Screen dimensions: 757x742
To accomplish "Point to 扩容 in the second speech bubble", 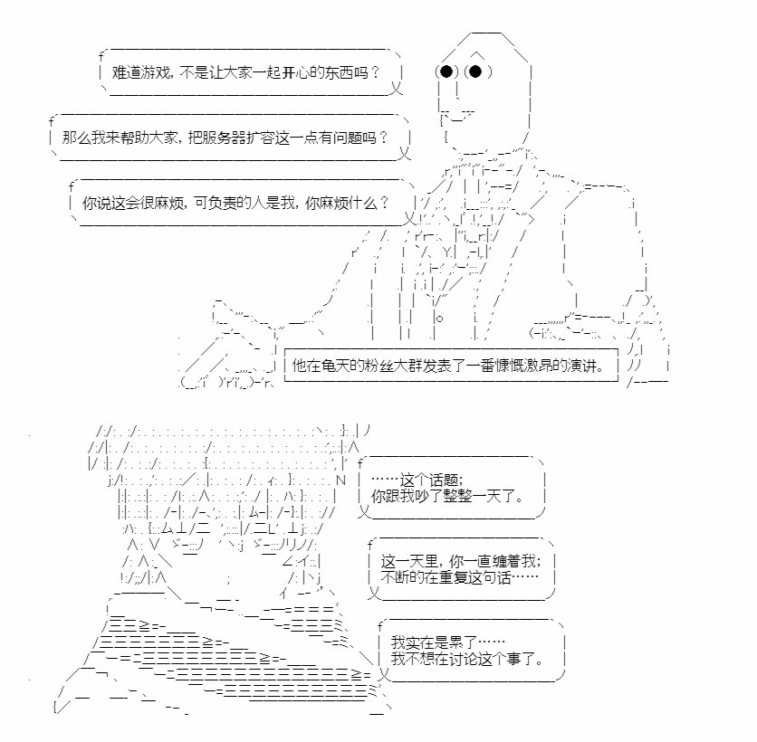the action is pos(260,138).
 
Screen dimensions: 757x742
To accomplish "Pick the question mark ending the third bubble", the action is pos(384,203).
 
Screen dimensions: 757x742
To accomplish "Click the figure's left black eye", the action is pos(446,71).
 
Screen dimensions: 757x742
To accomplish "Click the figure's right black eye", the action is pos(475,71).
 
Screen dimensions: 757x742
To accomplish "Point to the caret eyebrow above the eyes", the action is pos(477,54).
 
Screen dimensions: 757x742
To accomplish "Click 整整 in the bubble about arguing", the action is pos(457,496).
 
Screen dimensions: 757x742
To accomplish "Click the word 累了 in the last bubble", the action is pos(463,642).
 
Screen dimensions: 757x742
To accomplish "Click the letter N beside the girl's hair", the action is pos(341,480).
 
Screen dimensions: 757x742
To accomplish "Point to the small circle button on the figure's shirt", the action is pos(439,319).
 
